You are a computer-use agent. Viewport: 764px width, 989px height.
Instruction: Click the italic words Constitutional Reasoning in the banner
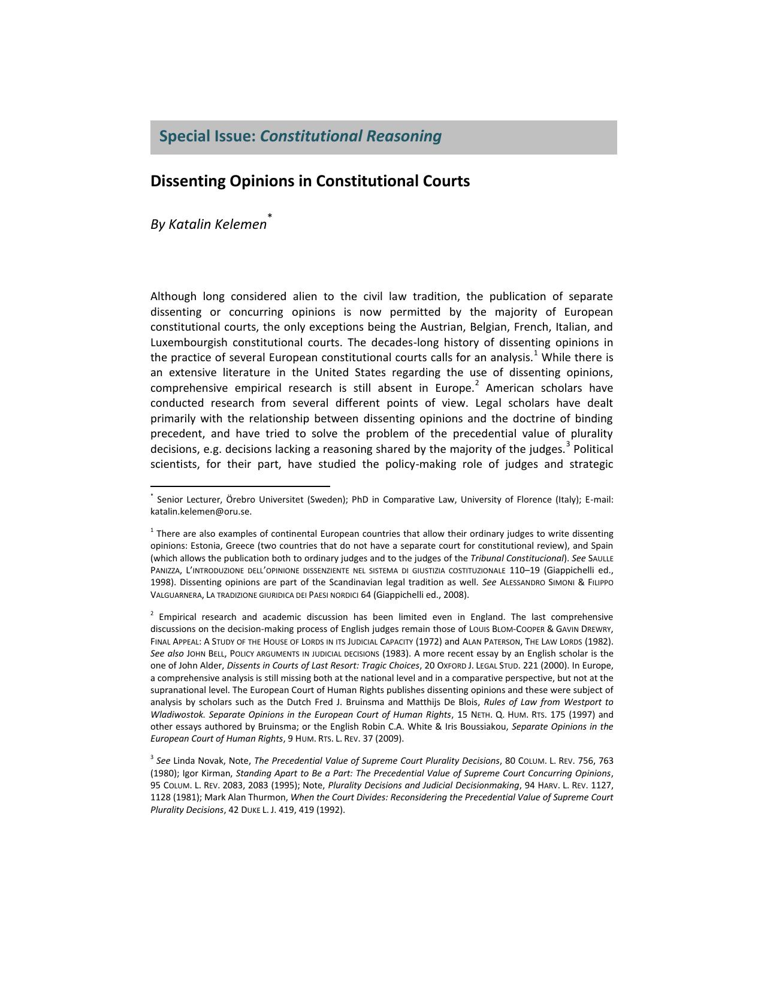(x=351, y=137)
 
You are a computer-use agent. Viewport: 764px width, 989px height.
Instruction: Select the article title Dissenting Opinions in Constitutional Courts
(x=310, y=181)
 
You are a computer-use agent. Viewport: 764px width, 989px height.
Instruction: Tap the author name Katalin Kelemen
(x=218, y=224)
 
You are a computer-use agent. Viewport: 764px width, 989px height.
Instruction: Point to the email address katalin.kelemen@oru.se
(x=201, y=512)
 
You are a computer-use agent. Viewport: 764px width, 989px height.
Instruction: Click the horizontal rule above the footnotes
(x=240, y=486)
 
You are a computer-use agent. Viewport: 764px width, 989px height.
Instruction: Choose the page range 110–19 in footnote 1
(x=525, y=570)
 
